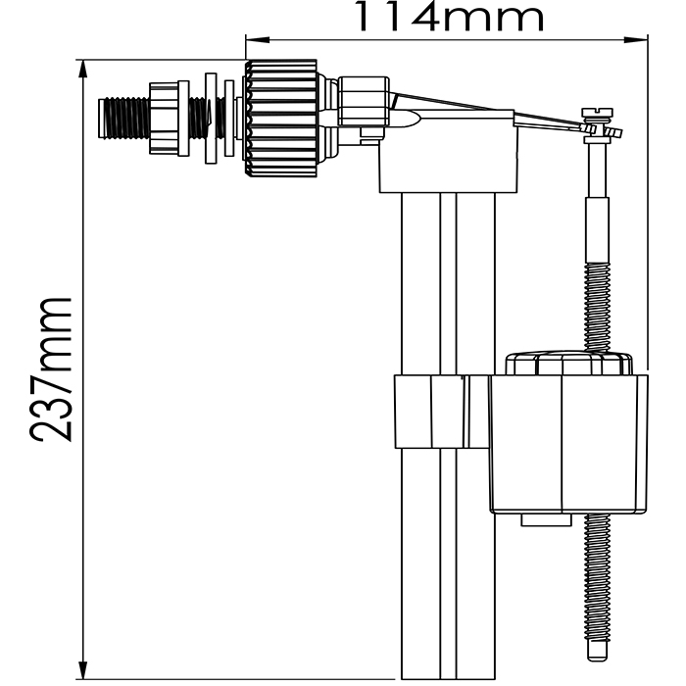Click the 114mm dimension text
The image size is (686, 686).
448,18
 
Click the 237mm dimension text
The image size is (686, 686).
52,368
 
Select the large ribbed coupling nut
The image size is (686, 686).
282,118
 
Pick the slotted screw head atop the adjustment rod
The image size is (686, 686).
595,113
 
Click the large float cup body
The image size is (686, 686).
568,441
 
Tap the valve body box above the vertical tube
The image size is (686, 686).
446,167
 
